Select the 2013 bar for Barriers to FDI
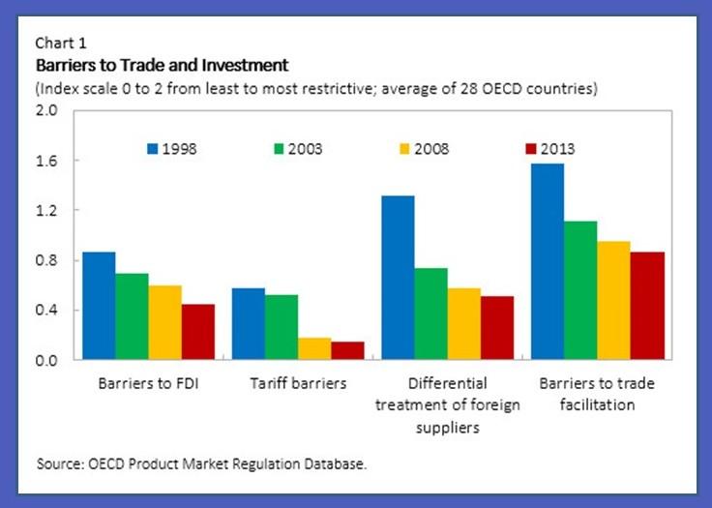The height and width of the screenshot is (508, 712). click(x=197, y=332)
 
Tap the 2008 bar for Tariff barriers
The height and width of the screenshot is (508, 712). click(x=313, y=349)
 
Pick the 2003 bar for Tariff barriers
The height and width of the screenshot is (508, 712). click(x=281, y=327)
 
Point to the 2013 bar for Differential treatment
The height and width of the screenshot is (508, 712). click(x=496, y=328)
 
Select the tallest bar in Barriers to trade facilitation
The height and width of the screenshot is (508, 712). click(x=548, y=262)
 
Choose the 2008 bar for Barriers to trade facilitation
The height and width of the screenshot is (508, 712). click(x=613, y=301)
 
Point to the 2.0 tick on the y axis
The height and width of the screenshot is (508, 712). click(x=47, y=110)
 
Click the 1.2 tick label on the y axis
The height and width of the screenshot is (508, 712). click(x=47, y=210)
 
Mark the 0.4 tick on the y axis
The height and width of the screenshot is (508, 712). click(x=47, y=311)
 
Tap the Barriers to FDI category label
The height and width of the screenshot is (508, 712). click(x=147, y=383)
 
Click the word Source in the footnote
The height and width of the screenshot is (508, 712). click(x=60, y=464)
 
